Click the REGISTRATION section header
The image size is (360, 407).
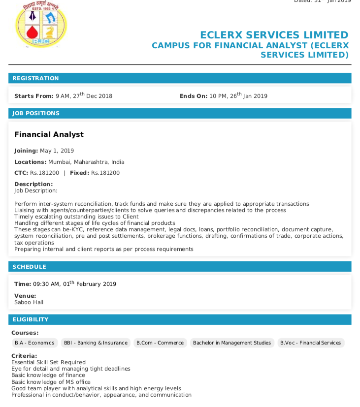point(35,78)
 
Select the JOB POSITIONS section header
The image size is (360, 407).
point(36,113)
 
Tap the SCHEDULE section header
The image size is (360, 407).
point(29,267)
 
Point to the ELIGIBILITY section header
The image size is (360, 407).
point(31,319)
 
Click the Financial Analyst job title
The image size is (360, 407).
point(49,134)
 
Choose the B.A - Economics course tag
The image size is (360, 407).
point(34,343)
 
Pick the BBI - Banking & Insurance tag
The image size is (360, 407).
point(96,343)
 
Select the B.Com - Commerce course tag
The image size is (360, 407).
point(160,343)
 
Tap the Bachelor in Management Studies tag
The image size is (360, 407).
point(232,343)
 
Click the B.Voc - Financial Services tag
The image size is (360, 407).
point(310,343)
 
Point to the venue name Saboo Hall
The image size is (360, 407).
point(29,302)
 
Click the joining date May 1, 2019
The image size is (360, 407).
point(57,151)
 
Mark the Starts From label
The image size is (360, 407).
point(33,96)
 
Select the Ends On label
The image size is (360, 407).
point(194,96)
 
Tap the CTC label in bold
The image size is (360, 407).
point(21,173)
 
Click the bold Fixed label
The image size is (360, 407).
point(79,173)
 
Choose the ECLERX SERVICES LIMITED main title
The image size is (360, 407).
point(274,35)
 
